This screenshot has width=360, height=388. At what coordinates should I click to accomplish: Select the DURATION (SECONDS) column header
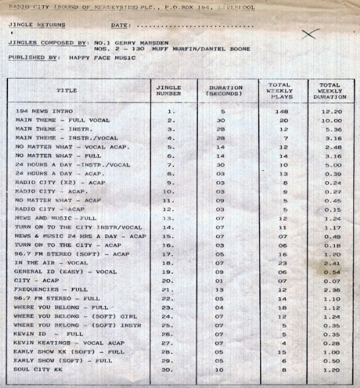225,91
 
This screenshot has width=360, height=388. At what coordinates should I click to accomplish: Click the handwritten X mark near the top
308,34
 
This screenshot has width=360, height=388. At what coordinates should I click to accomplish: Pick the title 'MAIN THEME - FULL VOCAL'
58,121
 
